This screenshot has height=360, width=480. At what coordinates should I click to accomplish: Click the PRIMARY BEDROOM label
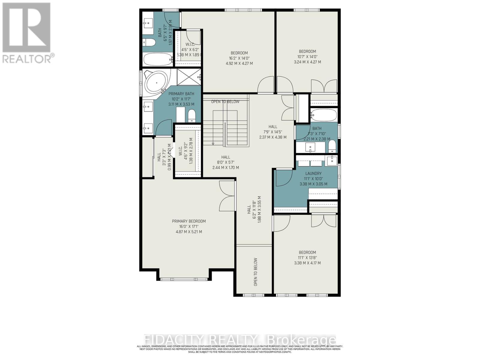(189, 221)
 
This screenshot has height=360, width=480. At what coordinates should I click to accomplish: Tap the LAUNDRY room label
(313, 173)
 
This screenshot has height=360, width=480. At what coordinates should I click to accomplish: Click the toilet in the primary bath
(191, 115)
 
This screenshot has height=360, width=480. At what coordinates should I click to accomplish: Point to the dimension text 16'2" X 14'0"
(239, 58)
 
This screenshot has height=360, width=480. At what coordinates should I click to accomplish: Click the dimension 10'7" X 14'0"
(307, 57)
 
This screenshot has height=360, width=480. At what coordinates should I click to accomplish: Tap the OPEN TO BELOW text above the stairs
(225, 102)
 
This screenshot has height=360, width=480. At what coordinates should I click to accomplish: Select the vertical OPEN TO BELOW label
(256, 272)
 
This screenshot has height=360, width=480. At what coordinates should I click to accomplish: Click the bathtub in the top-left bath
(157, 59)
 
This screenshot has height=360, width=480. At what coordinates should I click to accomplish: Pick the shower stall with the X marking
(189, 78)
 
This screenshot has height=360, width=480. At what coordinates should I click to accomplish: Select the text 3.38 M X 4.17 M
(307, 263)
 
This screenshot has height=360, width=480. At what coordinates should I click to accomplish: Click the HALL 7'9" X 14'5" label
(273, 132)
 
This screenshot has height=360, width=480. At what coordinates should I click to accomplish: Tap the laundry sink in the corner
(332, 160)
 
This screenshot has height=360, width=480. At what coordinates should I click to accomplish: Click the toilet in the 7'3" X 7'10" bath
(332, 147)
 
